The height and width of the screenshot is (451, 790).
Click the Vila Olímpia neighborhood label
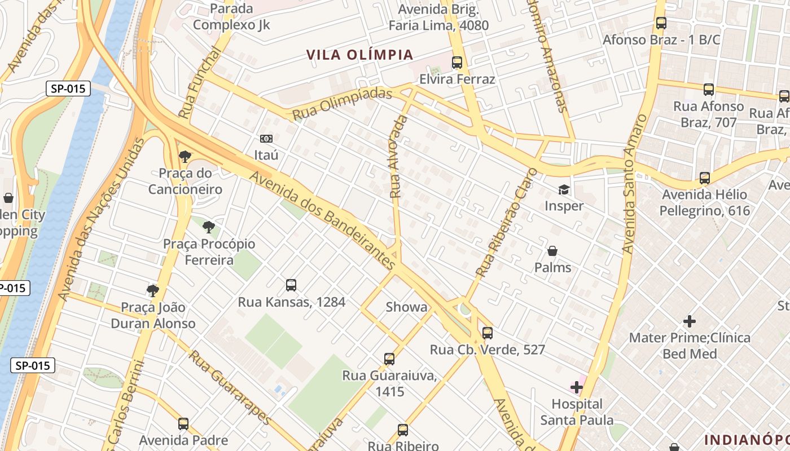point(360,55)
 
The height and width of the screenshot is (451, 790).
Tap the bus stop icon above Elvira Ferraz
point(457,63)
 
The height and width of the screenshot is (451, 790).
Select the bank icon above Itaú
point(266,139)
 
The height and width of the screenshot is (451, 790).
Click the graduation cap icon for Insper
point(564,189)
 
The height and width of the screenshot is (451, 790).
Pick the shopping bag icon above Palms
point(552,251)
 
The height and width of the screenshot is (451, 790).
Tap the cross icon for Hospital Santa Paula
point(577,387)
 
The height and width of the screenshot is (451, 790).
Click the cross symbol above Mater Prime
point(689,321)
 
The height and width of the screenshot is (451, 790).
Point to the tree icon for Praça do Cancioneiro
point(185,157)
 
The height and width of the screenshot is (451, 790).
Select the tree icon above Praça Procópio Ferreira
point(209,227)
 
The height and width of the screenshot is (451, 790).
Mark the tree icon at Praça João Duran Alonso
point(152,291)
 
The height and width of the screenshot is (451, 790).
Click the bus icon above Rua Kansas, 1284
point(291,285)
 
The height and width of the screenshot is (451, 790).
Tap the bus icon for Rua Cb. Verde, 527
point(488,333)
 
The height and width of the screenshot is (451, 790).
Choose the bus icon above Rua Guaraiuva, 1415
point(389,359)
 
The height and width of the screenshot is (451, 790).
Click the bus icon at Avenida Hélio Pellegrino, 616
point(705,178)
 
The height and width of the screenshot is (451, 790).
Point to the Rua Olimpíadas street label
point(342,103)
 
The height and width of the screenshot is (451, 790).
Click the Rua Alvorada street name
point(398,157)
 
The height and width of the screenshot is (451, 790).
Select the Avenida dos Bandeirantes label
point(322,220)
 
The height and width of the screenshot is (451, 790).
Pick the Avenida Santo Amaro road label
point(634,184)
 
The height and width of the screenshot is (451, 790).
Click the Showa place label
point(406,307)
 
